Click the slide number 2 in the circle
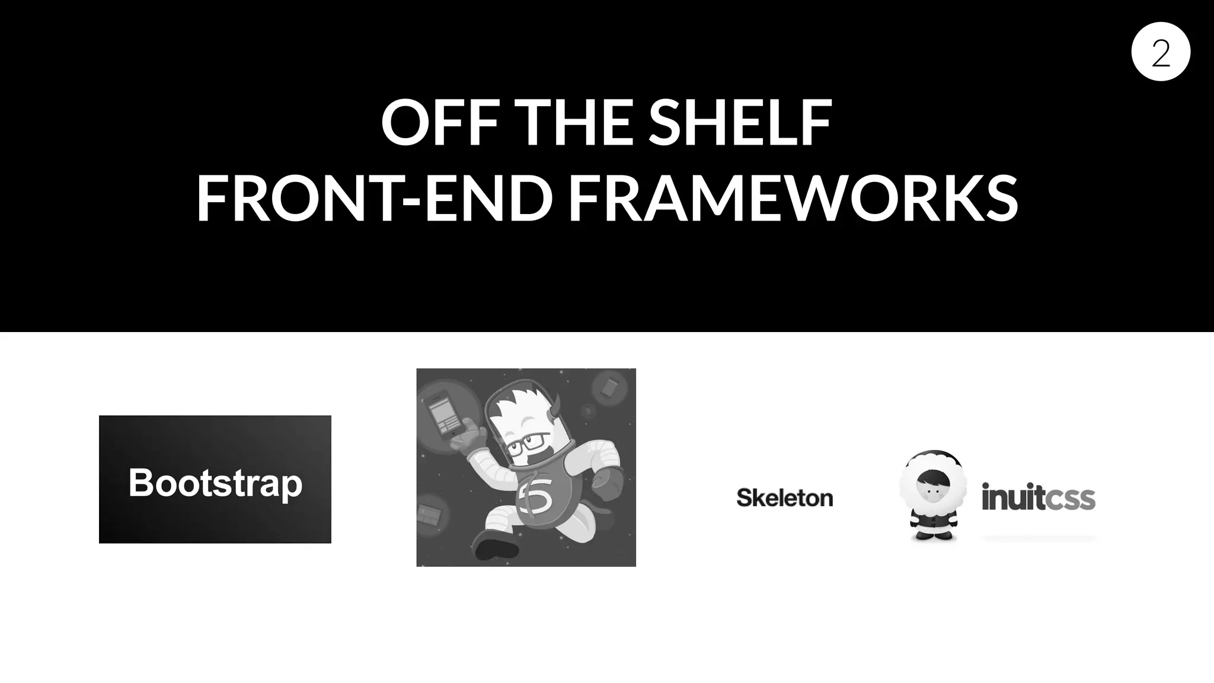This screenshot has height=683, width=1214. [x=1161, y=52]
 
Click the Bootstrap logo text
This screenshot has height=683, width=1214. [x=215, y=483]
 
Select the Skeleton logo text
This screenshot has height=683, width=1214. [x=784, y=498]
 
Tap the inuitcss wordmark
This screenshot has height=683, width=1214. [x=1038, y=497]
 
